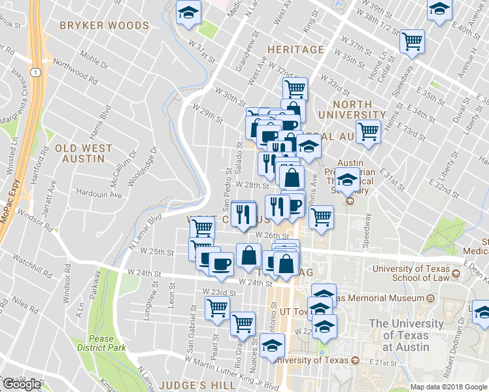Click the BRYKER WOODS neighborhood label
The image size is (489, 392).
[x=104, y=25]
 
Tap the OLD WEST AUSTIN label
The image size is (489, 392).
[x=84, y=154]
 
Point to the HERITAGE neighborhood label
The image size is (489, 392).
[x=295, y=50]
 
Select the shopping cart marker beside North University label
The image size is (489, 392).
[x=369, y=131]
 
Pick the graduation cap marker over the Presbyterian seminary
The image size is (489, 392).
[x=348, y=178]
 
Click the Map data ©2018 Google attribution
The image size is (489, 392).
[x=448, y=387]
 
